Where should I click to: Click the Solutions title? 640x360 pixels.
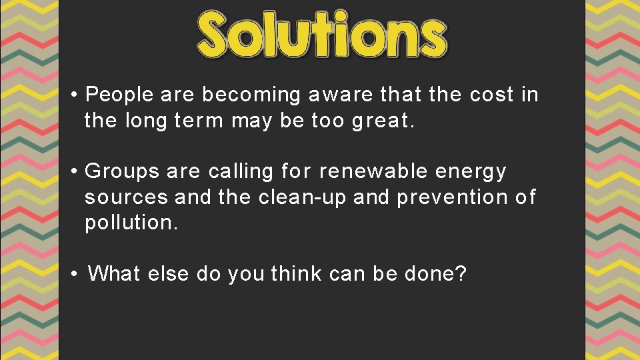[322, 33]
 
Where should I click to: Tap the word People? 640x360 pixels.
[120, 95]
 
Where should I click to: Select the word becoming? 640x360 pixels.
[251, 95]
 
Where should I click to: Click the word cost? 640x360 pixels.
[492, 95]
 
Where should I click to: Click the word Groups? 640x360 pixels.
[123, 172]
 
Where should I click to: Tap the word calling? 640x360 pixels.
[241, 172]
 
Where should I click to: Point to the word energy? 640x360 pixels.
[471, 173]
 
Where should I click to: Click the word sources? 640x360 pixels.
[126, 198]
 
